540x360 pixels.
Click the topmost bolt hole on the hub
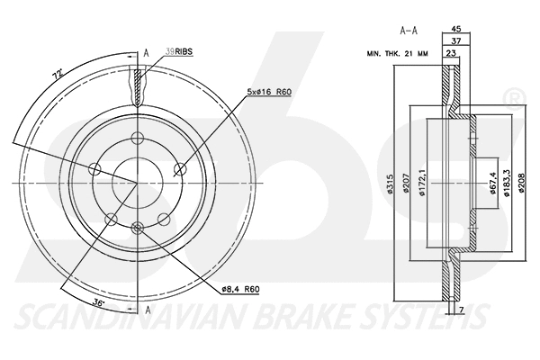pos(137,138)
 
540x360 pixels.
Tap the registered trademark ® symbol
pos(514,96)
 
